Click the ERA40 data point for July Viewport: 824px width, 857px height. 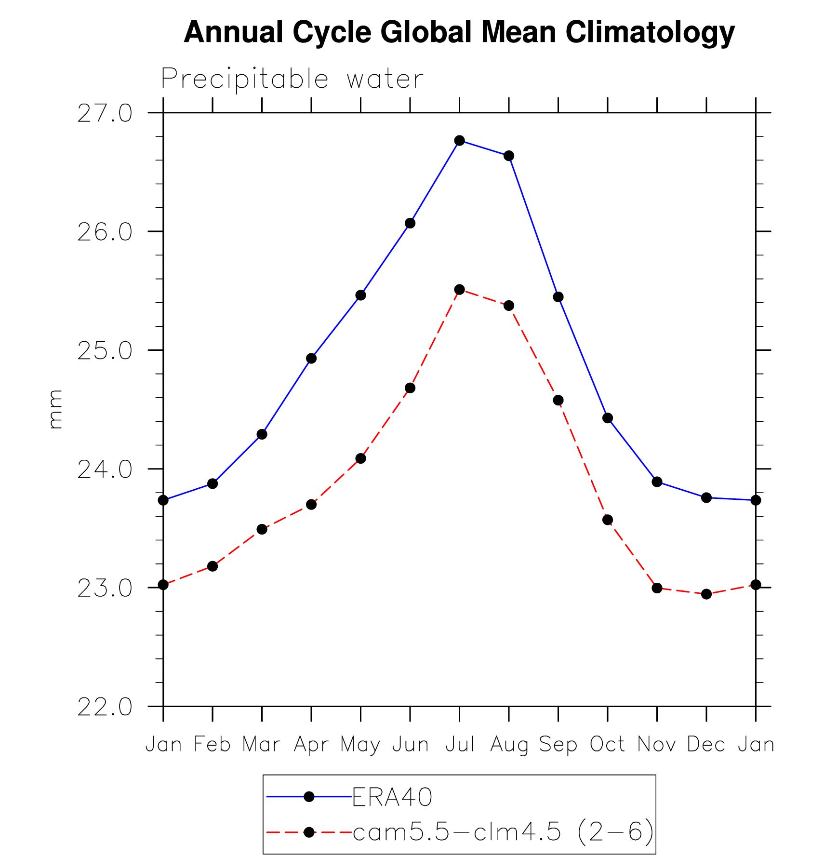coord(459,141)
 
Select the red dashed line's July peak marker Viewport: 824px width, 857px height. coord(459,290)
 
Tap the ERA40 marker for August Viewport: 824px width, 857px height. coord(509,156)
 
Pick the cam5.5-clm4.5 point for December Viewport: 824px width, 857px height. coord(706,594)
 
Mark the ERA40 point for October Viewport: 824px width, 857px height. coord(608,418)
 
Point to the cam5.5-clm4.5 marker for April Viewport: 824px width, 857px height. coord(311,505)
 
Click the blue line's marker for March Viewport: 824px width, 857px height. coord(262,434)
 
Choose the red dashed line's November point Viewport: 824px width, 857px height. coord(657,588)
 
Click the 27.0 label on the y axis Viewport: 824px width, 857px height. coord(105,113)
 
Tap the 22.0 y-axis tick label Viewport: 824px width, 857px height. coord(105,707)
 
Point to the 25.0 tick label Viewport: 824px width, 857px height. coord(105,351)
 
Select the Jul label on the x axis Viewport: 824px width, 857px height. coord(460,745)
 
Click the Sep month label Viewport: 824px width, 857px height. coord(558,745)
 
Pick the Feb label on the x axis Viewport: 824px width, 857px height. coord(213,745)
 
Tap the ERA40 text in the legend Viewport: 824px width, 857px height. coord(392,797)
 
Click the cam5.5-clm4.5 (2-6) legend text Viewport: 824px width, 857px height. coord(503,832)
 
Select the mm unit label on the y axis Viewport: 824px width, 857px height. coord(56,410)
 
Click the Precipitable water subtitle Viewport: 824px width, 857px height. coord(292,79)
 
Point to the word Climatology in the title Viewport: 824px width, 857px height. coord(650,33)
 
